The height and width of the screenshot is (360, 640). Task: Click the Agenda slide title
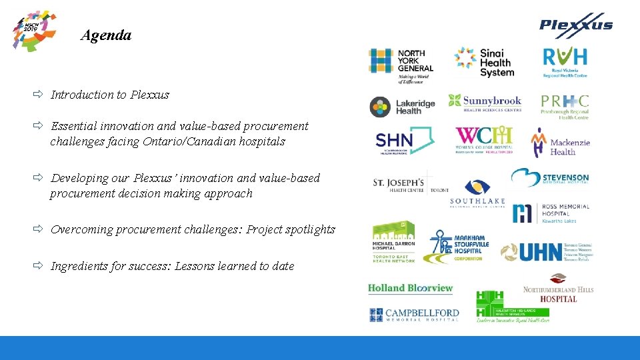(105, 35)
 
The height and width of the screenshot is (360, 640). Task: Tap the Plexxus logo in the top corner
(576, 25)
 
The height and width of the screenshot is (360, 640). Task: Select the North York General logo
(401, 65)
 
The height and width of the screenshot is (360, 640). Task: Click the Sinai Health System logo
(485, 62)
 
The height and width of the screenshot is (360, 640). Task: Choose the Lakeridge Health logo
(403, 107)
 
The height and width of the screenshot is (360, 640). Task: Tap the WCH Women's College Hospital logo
(484, 140)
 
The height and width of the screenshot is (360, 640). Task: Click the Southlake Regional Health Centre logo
(477, 193)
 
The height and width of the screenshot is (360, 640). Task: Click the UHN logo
(546, 251)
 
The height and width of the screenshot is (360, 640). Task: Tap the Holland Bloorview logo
(410, 288)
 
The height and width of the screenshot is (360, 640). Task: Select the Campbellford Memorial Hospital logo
(414, 315)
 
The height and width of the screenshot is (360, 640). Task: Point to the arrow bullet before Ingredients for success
(39, 266)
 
